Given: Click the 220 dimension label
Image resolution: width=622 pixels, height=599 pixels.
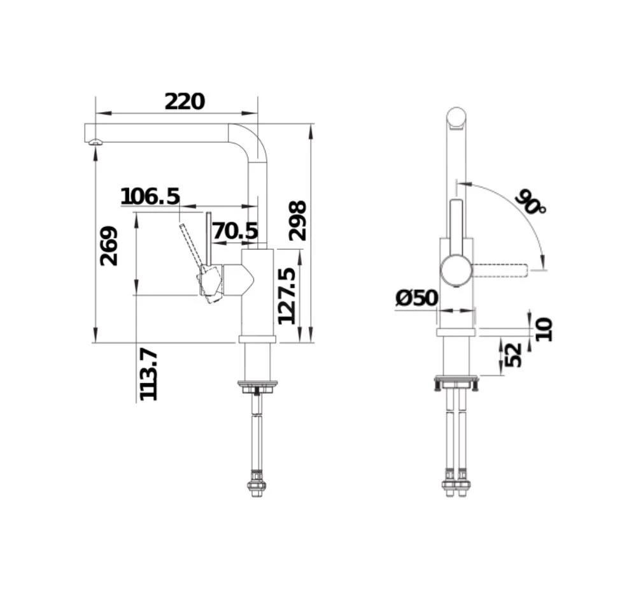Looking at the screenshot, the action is click(185, 101).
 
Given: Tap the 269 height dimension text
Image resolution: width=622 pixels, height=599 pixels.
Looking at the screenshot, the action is click(109, 246).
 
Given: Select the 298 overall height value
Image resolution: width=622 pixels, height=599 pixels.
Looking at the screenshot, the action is click(297, 220).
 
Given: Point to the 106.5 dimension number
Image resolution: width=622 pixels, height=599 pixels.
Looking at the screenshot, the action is click(150, 196).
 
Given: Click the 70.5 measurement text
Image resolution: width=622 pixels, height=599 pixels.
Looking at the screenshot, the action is click(236, 231).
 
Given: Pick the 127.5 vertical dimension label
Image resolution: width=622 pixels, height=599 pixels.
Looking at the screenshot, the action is click(286, 296).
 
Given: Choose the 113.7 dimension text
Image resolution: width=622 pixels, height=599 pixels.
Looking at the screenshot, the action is click(148, 375).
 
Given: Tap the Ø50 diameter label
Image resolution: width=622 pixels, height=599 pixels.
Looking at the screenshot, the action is click(417, 298).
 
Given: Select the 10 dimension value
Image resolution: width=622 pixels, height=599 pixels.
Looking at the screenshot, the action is click(544, 329).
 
